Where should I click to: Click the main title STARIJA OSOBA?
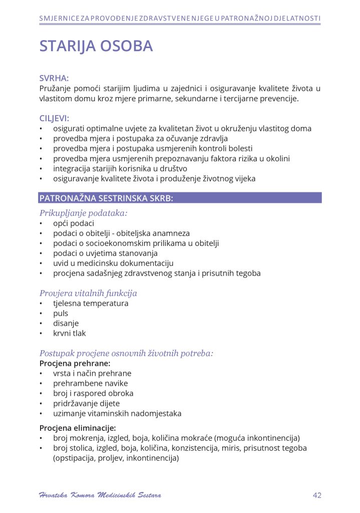pyautogui.click(x=96, y=46)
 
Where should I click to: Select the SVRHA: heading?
pyautogui.click(x=54, y=78)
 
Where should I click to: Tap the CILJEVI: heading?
pyautogui.click(x=54, y=118)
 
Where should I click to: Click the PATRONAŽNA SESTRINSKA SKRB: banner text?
pyautogui.click(x=106, y=198)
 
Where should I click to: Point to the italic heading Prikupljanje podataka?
pyautogui.click(x=83, y=213)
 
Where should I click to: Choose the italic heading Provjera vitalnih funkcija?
pyautogui.click(x=88, y=293)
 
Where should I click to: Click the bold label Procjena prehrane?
pyautogui.click(x=75, y=363)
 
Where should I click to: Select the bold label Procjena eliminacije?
pyautogui.click(x=78, y=428)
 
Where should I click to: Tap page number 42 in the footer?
pyautogui.click(x=316, y=495)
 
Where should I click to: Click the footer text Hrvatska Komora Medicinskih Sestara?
pyautogui.click(x=100, y=495)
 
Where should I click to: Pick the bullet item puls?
pyautogui.click(x=61, y=314)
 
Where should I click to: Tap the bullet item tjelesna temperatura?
pyautogui.click(x=91, y=304)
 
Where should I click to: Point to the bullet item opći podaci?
pyautogui.click(x=74, y=223)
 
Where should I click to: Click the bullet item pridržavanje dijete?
pyautogui.click(x=87, y=403)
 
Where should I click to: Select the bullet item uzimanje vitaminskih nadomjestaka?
pyautogui.click(x=117, y=414)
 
